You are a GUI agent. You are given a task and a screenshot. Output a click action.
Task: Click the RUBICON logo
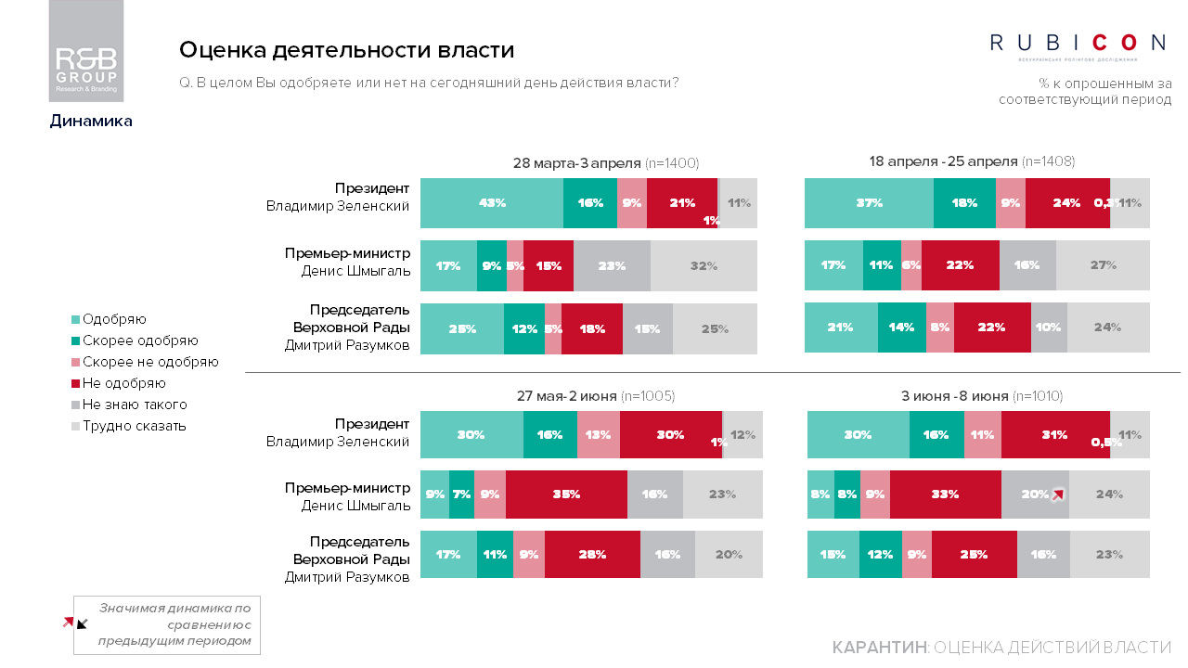(1078, 43)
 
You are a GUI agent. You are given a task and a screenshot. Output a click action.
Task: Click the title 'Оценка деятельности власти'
(346, 50)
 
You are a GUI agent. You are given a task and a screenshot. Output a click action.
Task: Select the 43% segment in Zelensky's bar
(492, 202)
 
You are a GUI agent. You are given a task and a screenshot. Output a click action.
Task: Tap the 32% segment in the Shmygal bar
(704, 265)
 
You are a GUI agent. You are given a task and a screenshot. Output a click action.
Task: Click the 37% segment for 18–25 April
(869, 202)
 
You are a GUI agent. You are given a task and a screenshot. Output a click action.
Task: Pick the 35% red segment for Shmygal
(566, 495)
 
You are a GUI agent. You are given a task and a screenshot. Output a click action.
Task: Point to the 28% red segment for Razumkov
(592, 555)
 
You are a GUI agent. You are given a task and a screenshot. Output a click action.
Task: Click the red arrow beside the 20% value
(1058, 495)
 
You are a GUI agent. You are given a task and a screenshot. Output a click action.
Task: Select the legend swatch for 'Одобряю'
(76, 319)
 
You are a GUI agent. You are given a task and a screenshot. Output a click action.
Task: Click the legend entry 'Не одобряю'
(123, 383)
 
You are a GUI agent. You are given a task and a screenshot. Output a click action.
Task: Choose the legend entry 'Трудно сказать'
(134, 426)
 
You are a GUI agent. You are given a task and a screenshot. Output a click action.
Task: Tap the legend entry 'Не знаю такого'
(134, 405)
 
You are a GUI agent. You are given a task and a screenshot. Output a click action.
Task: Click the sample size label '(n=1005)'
(648, 396)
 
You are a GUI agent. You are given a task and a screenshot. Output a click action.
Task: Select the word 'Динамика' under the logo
(91, 121)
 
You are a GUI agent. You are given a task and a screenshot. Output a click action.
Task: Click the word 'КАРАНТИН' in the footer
(879, 647)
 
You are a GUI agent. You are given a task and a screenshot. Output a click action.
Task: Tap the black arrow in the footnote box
(82, 624)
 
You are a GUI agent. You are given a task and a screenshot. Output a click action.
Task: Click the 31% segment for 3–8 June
(1054, 435)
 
